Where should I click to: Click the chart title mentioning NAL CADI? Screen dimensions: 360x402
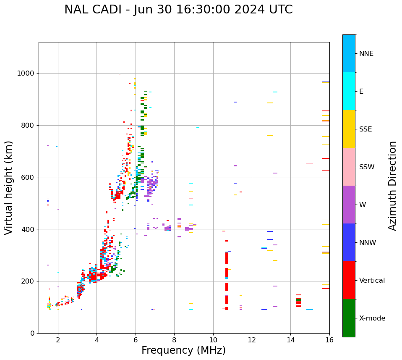(x=178, y=10)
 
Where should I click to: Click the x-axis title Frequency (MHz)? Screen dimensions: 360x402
(x=183, y=350)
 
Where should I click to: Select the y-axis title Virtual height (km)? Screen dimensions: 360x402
(x=9, y=188)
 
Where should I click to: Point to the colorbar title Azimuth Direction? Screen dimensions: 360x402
(x=392, y=186)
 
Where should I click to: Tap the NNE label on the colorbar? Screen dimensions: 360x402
(x=366, y=54)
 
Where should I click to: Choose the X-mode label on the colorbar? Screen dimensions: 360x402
(x=372, y=318)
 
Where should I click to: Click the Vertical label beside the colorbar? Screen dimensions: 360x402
(x=372, y=281)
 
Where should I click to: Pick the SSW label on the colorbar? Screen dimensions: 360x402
(x=367, y=167)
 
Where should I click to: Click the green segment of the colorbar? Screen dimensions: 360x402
(x=349, y=318)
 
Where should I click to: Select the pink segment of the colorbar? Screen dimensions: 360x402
(x=349, y=167)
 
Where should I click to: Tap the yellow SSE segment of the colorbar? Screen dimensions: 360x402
(x=349, y=129)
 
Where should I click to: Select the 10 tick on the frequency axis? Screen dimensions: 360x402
(x=213, y=340)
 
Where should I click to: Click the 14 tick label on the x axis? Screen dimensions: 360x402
(x=291, y=340)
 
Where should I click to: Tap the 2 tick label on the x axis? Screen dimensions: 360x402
(x=58, y=340)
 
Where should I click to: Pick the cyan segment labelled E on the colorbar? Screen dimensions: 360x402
(x=349, y=91)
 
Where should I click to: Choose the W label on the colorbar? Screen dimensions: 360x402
(x=363, y=205)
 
